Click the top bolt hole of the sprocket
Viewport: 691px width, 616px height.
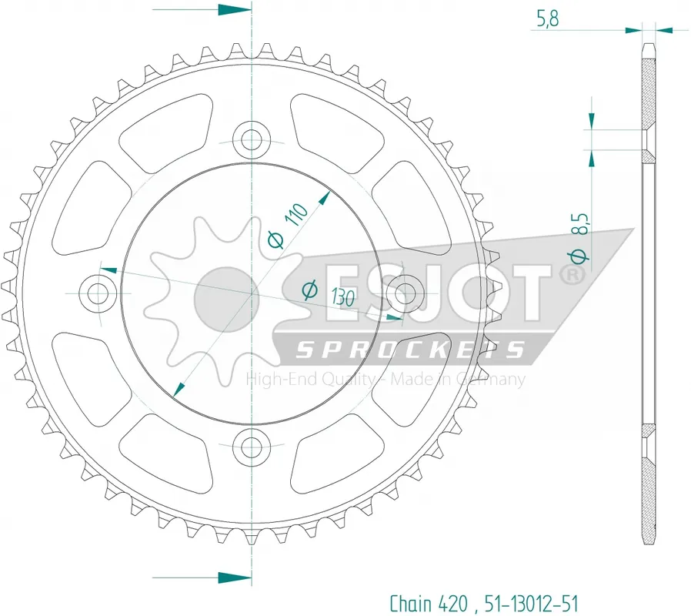(x=252, y=141)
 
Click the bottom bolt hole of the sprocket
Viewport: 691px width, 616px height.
(x=252, y=445)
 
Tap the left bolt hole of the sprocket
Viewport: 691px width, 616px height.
(x=98, y=293)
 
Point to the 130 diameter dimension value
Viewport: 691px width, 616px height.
(x=343, y=297)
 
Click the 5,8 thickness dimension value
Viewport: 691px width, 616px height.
(x=547, y=19)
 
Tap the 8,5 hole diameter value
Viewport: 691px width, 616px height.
(x=581, y=224)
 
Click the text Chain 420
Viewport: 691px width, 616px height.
(x=429, y=602)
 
